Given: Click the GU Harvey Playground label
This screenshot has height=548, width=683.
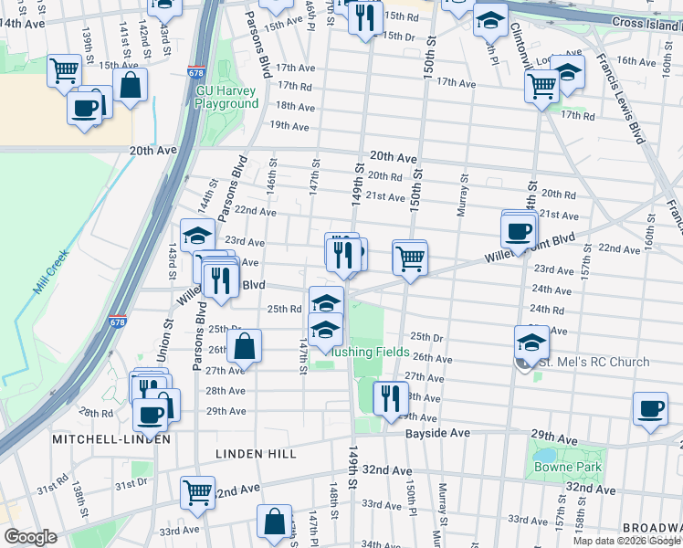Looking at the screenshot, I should (226, 97).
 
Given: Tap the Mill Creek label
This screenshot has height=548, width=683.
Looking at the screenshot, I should (53, 272).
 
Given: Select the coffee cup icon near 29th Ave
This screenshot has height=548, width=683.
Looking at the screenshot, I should (152, 414).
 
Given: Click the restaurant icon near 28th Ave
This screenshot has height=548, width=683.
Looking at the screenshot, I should (388, 398).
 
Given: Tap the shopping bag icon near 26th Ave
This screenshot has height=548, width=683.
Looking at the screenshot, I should (244, 345).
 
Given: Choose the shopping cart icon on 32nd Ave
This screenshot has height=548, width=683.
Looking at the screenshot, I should (197, 491).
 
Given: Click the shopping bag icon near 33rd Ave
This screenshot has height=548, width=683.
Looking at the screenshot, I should (274, 522).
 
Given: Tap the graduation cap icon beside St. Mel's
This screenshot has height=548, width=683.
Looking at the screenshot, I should (531, 342).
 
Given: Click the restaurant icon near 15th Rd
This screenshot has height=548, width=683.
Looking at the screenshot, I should (364, 18).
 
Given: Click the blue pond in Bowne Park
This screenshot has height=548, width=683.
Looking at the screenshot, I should (544, 454).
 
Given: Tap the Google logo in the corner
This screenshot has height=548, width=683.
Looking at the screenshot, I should (30, 537).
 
